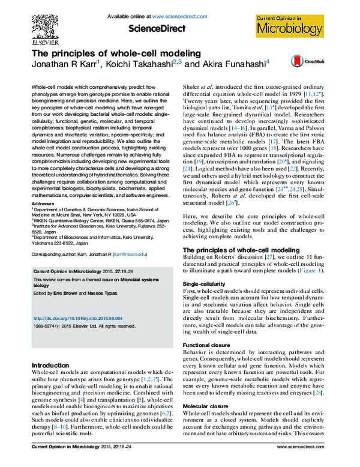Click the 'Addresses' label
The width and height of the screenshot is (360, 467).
41,203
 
